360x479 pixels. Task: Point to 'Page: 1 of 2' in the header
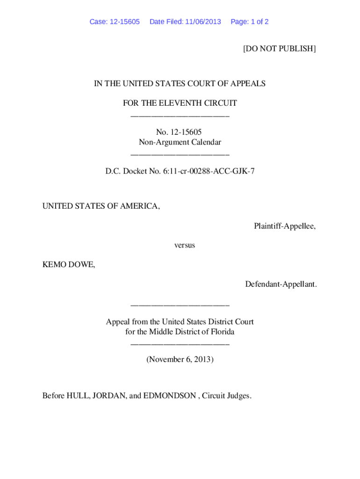pyautogui.click(x=250, y=22)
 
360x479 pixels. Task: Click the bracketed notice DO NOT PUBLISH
pyautogui.click(x=279, y=48)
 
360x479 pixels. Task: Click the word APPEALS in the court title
pyautogui.click(x=248, y=84)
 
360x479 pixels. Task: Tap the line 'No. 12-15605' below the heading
pyautogui.click(x=180, y=132)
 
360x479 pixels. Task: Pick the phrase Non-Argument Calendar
pyautogui.click(x=180, y=142)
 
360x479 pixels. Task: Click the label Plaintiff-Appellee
pyautogui.click(x=284, y=226)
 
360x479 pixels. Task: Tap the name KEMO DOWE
pyautogui.click(x=68, y=265)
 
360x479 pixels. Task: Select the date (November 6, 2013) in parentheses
pyautogui.click(x=180, y=360)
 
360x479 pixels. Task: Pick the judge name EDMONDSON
pyautogui.click(x=169, y=396)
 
